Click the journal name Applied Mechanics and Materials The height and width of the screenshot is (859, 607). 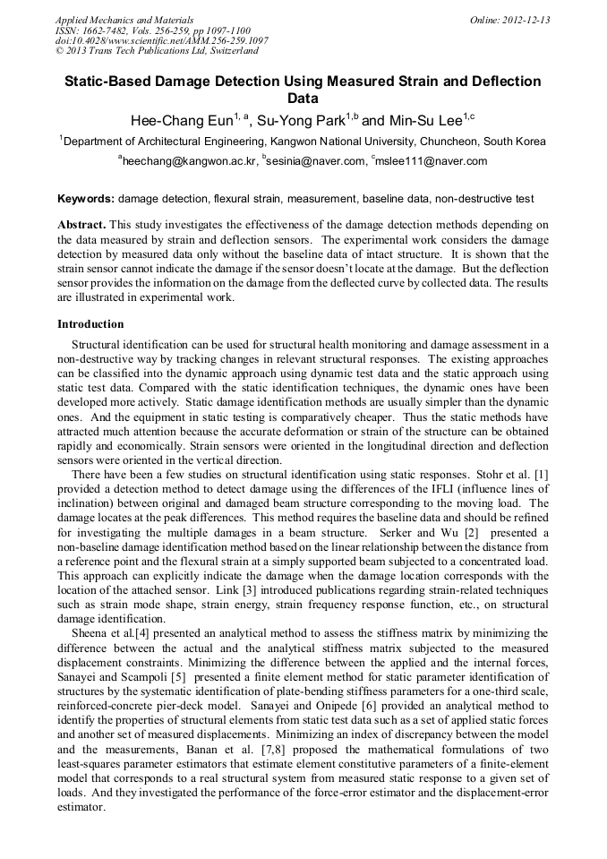point(124,20)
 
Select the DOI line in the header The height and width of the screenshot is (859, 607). point(161,41)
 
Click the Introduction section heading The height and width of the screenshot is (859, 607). point(90,323)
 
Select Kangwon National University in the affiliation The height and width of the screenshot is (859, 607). point(344,141)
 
